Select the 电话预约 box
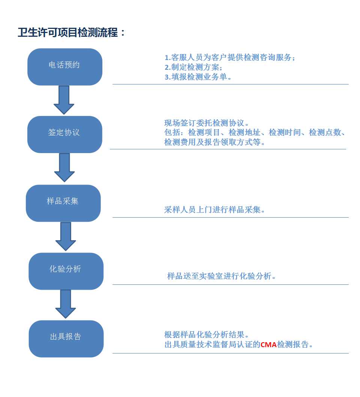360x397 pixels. (65, 67)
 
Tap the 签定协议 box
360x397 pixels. (65, 134)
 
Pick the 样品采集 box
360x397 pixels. (63, 203)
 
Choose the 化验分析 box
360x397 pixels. (66, 271)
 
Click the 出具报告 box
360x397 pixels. (66, 339)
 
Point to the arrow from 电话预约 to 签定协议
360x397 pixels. (64, 100)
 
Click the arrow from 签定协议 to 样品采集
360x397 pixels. (64, 168)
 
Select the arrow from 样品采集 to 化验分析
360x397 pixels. (66, 236)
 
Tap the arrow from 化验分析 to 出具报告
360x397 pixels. (66, 304)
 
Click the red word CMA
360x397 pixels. (268, 344)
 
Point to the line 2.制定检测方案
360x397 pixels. (193, 67)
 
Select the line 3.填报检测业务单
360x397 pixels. (198, 77)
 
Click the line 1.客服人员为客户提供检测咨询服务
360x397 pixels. (230, 57)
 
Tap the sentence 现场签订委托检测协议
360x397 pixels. (206, 123)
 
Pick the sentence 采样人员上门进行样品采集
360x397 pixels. (214, 210)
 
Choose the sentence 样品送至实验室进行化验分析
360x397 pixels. (221, 276)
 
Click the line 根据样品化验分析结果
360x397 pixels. (206, 335)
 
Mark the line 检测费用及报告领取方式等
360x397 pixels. (214, 142)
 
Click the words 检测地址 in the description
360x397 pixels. (244, 132)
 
